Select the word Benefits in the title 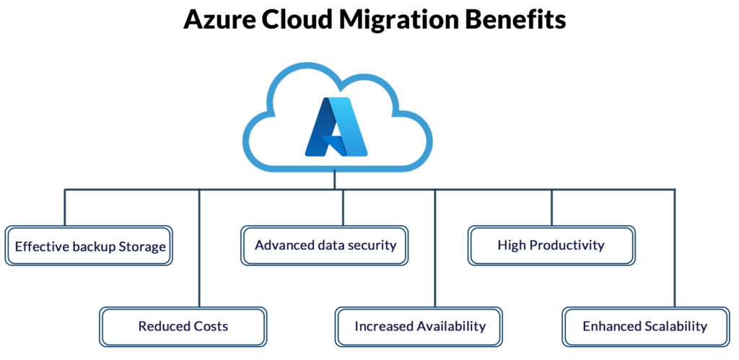514,20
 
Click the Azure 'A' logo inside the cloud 336,128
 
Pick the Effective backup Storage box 90,246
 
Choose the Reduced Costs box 183,327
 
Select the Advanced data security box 325,245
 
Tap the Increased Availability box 420,327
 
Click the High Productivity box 551,245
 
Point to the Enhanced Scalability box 645,327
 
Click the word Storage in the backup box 141,247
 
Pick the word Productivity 567,245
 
